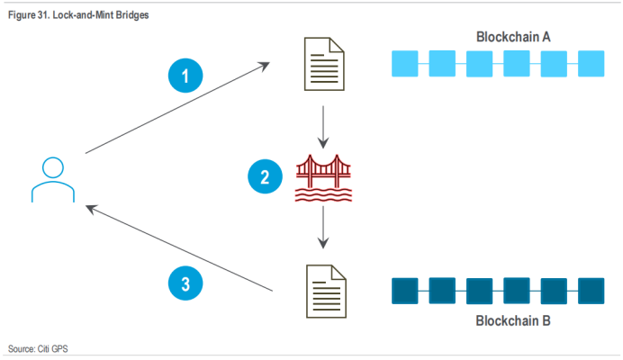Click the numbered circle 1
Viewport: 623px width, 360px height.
[x=186, y=76]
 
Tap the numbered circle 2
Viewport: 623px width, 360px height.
[x=265, y=177]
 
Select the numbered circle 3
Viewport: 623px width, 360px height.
[x=185, y=284]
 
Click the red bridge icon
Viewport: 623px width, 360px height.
[x=323, y=179]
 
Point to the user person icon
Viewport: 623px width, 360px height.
[x=52, y=179]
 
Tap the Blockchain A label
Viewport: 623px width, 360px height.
[x=513, y=37]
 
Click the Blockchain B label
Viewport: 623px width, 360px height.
[x=513, y=321]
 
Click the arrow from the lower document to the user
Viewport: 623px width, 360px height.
[x=179, y=248]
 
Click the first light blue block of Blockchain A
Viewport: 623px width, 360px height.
[x=405, y=63]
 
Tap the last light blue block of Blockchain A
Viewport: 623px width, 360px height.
[x=591, y=63]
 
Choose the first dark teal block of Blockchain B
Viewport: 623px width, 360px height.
[x=405, y=290]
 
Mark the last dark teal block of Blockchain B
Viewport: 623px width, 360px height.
[x=591, y=290]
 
